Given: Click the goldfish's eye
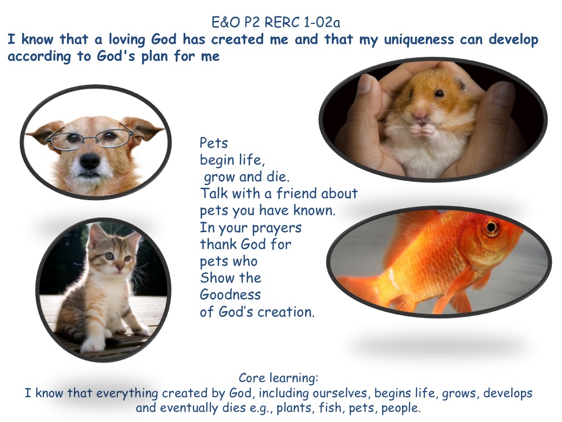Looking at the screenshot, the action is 491,227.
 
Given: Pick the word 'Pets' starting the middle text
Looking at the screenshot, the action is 213,143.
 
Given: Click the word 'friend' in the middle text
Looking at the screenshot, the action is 297,193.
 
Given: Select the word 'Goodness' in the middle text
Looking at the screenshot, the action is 230,295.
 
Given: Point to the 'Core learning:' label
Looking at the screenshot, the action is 278,378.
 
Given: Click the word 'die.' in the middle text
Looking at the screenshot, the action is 278,176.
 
